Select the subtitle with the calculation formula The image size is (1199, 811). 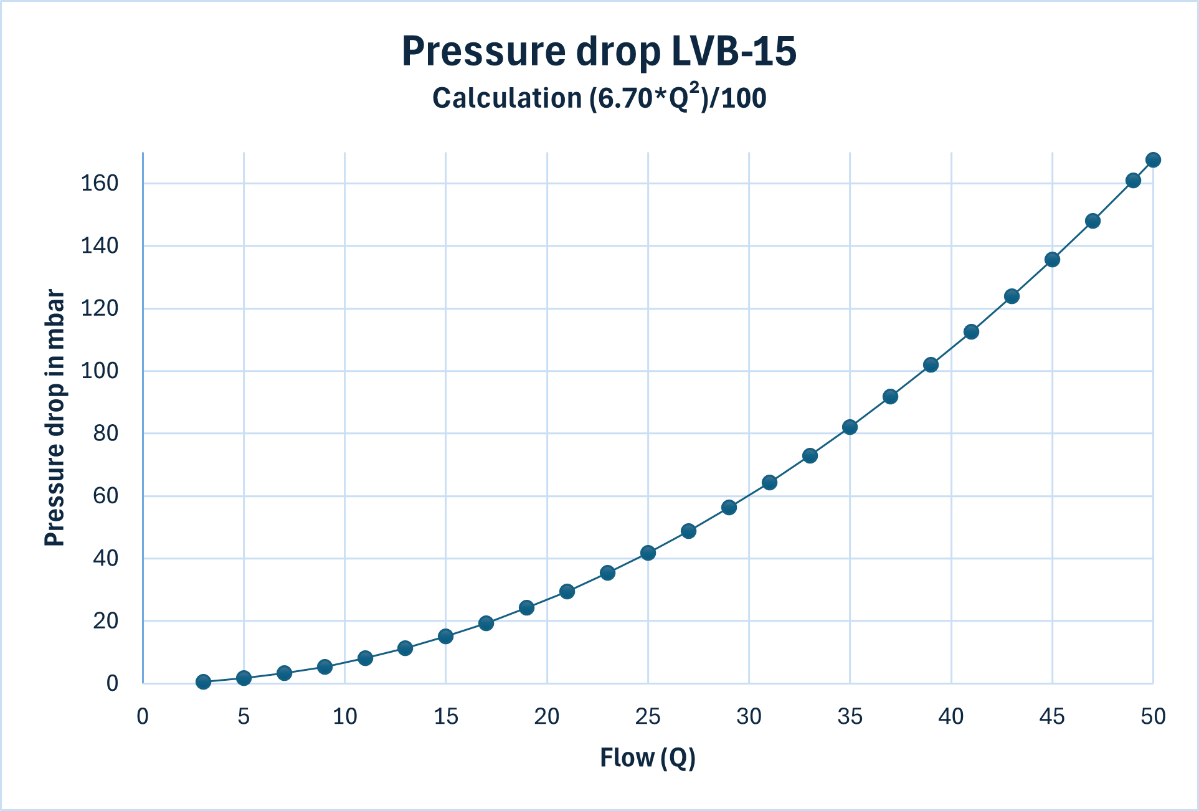click(599, 98)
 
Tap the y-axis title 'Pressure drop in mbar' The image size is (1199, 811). click(55, 418)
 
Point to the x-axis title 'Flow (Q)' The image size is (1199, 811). click(647, 757)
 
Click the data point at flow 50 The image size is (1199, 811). click(1153, 160)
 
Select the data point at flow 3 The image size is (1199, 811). click(203, 682)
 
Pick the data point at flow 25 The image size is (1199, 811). click(648, 553)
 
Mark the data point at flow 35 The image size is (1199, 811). click(850, 427)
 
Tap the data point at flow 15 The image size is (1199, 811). click(445, 636)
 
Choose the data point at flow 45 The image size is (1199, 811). click(1052, 260)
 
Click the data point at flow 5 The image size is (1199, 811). click(244, 678)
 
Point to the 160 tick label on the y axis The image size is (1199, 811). click(100, 183)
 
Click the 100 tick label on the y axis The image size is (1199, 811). click(100, 371)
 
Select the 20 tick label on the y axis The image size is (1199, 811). click(105, 620)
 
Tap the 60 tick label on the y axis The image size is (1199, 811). click(105, 496)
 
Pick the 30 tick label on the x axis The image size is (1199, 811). click(749, 717)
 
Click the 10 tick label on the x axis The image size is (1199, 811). click(344, 717)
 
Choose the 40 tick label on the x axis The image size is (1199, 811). click(950, 717)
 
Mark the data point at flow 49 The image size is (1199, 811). click(1133, 181)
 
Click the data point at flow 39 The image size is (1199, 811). click(931, 365)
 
